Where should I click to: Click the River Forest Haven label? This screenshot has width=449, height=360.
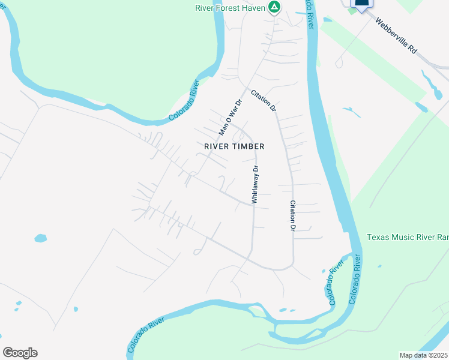(x=231, y=8)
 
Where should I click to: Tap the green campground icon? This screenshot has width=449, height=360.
(x=274, y=7)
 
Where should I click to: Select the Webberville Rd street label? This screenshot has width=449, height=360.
(x=396, y=37)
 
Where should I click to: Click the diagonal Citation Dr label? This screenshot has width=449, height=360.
(x=264, y=100)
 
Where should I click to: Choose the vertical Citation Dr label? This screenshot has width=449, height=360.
(x=293, y=215)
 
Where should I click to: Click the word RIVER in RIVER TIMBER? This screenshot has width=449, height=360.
(x=217, y=146)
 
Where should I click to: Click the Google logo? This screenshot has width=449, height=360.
(x=20, y=353)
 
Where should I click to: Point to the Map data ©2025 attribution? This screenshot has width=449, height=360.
(x=423, y=355)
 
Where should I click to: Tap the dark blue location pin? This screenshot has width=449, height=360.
(x=361, y=5)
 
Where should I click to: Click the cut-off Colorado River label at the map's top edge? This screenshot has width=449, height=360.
(x=310, y=15)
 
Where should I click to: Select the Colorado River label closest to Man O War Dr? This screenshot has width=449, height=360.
(x=184, y=100)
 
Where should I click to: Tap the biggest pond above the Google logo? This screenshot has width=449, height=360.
(x=40, y=238)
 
